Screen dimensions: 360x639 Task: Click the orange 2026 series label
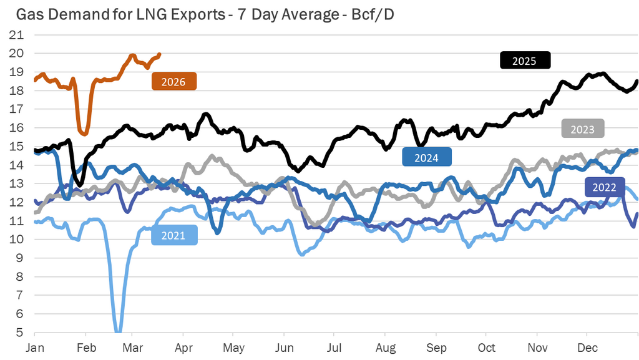click(x=173, y=82)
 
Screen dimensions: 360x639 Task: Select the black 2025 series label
click(x=525, y=61)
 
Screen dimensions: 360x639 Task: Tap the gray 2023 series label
click(x=583, y=129)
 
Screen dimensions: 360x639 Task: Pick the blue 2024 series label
click(x=427, y=158)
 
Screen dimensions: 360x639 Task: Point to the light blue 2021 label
click(x=173, y=235)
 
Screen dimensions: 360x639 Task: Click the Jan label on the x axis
click(x=35, y=347)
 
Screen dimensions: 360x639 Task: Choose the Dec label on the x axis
click(x=587, y=347)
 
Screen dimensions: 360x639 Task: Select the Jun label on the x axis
click(x=285, y=347)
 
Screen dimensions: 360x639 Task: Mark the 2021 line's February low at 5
click(x=118, y=331)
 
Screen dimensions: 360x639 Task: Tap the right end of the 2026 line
click(x=160, y=54)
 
